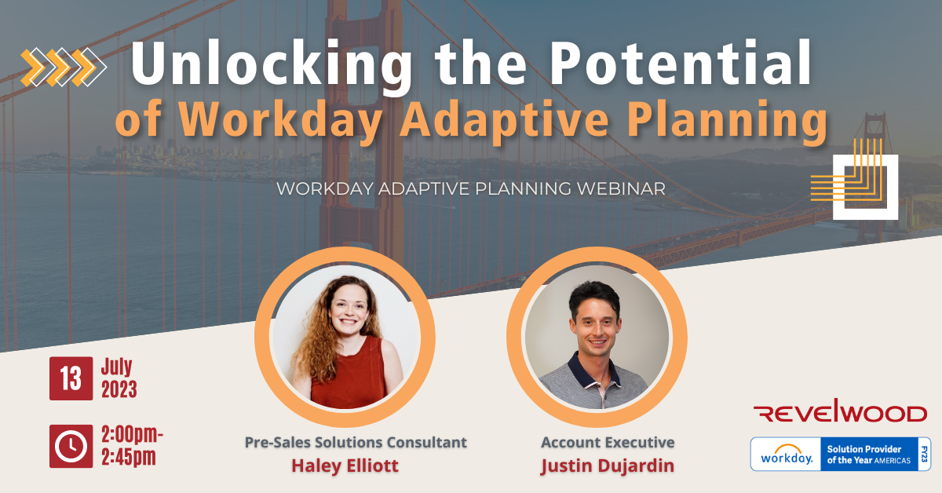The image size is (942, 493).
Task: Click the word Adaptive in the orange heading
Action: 504,120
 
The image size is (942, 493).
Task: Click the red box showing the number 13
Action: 71,378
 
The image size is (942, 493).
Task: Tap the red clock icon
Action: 71,446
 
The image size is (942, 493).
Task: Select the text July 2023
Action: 119,378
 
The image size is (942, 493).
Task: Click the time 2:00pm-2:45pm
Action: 132,446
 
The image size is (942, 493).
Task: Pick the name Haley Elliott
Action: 345,466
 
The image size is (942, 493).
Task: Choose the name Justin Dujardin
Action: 608,466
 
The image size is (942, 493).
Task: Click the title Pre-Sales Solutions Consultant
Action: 356,442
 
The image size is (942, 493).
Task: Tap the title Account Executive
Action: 608,442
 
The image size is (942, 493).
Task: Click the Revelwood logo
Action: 840,411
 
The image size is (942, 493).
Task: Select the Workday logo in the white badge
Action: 787,455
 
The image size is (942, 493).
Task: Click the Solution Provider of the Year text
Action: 869,455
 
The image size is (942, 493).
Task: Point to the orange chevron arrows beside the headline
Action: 64,68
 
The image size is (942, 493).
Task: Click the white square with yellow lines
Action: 865,187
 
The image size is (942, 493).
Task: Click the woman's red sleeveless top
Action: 350,374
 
